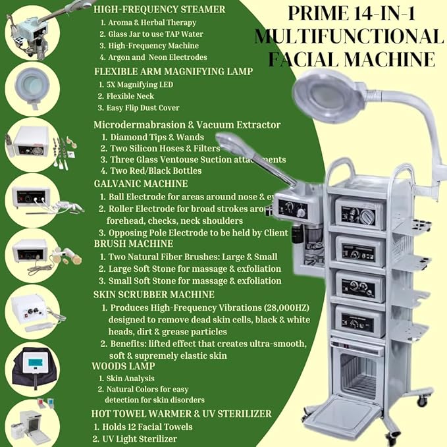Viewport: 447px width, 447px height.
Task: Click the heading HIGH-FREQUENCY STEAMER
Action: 159,9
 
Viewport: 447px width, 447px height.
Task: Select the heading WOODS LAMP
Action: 124,365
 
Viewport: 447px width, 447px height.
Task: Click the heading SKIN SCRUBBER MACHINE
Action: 153,294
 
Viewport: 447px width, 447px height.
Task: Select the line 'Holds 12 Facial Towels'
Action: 147,426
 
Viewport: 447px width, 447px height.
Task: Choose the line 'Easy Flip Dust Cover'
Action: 145,108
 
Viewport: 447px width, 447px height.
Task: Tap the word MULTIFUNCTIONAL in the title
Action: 349,36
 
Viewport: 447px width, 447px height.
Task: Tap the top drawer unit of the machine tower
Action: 359,212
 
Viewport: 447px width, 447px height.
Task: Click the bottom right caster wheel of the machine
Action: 421,400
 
